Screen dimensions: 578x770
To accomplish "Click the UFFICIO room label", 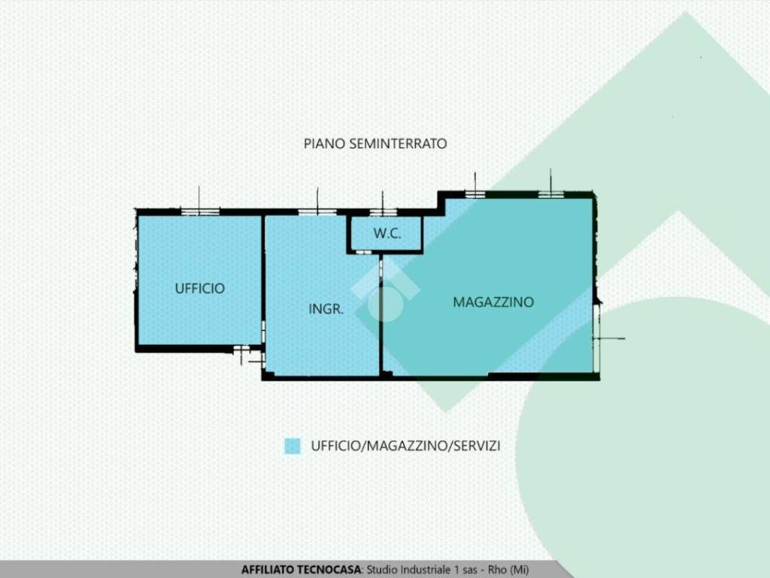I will click(199, 288).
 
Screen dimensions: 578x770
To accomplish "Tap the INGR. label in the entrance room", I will click(326, 309).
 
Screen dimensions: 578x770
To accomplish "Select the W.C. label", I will click(387, 234).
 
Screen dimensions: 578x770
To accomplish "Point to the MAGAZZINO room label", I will click(493, 302).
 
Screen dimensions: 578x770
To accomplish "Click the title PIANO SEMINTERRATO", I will click(375, 143).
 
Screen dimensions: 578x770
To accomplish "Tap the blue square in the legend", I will click(293, 446).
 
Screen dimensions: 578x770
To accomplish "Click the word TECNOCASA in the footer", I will click(329, 570).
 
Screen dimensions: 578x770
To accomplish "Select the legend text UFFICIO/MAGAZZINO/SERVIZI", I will click(405, 446).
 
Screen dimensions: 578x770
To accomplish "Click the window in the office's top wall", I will click(200, 212).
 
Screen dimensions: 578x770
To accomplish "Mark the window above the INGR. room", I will click(317, 212).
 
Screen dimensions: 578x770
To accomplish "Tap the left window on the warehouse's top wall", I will click(474, 194).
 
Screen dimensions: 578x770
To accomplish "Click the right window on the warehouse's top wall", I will click(551, 194).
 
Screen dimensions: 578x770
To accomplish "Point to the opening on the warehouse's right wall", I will click(596, 339).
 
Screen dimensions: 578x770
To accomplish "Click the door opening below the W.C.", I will click(365, 253).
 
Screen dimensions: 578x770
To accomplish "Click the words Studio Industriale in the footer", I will click(407, 570).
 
